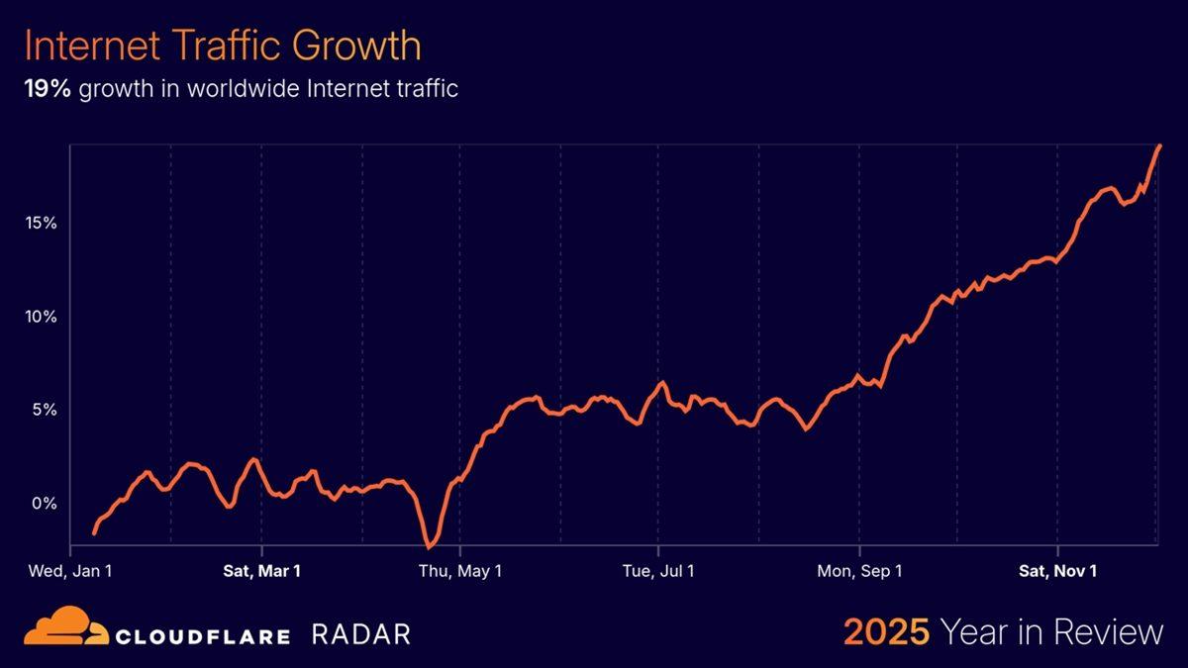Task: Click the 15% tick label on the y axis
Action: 42,224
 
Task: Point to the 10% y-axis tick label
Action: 42,317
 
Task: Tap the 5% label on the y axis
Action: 46,410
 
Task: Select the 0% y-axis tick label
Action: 46,503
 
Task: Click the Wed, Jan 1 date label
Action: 70,571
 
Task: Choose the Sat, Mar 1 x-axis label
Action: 261,571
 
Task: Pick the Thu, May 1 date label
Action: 460,571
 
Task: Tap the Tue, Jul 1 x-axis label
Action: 658,571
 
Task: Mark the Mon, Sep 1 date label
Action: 859,571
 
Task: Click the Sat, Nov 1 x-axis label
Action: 1058,571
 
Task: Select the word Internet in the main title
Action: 88,47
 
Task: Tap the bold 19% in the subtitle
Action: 48,89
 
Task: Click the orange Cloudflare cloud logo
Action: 65,630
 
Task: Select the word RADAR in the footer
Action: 360,634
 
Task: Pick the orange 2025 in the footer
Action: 886,631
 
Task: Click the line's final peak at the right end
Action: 1159,145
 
